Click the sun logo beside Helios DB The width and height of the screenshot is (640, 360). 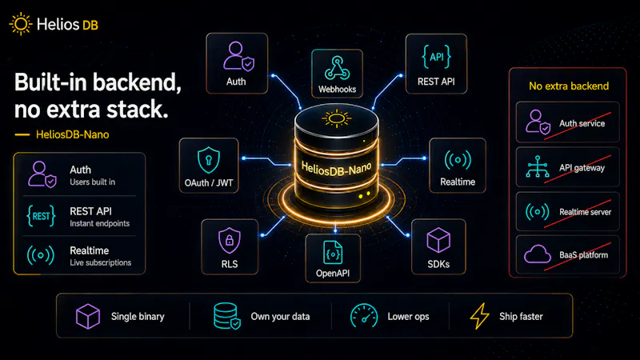click(21, 24)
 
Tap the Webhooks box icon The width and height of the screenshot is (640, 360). click(337, 68)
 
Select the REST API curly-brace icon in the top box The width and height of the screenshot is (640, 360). click(436, 57)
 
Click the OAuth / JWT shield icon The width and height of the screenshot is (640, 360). click(209, 160)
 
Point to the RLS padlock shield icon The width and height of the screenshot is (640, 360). click(230, 241)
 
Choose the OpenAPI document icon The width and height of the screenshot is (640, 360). click(333, 253)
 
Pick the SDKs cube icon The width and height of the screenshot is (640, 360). click(438, 240)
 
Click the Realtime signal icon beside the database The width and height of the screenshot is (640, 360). click(458, 159)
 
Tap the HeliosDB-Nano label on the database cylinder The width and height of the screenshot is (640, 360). click(336, 168)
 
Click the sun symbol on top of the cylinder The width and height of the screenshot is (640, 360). click(336, 118)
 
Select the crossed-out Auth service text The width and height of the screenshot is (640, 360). click(582, 123)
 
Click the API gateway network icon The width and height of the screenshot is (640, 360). click(537, 166)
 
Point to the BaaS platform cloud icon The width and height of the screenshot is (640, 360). click(538, 254)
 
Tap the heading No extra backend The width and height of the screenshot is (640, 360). click(569, 86)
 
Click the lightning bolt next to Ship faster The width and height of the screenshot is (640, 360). click(479, 316)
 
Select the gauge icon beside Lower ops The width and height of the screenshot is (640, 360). click(364, 315)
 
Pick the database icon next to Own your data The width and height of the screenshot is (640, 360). click(227, 316)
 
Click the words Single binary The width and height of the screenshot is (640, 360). click(138, 317)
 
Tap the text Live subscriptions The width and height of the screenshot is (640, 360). click(101, 263)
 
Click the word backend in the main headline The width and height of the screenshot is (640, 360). click(137, 82)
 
